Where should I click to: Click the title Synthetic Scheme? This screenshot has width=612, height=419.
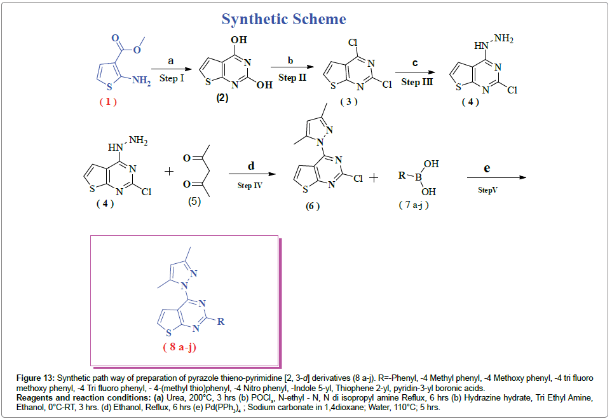(x=283, y=19)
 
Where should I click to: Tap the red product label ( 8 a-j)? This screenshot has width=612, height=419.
(x=187, y=347)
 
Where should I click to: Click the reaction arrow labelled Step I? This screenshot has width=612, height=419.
(x=171, y=69)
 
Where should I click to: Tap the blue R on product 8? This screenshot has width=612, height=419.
(x=221, y=322)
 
